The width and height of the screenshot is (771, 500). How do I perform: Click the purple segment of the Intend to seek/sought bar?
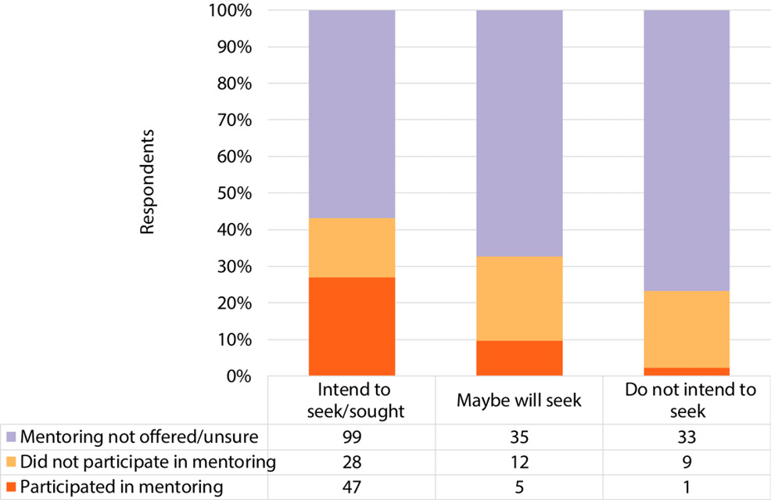(x=352, y=114)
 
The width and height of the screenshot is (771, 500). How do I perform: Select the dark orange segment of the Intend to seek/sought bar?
(x=352, y=326)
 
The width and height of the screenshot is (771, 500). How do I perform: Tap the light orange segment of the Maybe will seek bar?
(x=519, y=298)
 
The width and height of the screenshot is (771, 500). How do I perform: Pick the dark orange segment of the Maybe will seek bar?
(x=519, y=358)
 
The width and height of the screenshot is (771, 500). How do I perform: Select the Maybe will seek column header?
(x=519, y=401)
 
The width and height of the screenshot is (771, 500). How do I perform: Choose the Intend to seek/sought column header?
(x=352, y=401)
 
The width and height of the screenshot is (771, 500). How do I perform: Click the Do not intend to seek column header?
(x=687, y=401)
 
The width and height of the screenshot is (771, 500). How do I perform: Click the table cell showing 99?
(x=352, y=437)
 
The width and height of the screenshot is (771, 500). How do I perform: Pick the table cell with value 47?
(x=352, y=487)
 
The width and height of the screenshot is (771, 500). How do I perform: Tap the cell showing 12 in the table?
(x=519, y=462)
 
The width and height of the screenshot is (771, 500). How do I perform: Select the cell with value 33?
(x=687, y=437)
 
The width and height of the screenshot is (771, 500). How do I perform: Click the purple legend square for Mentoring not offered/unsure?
(x=10, y=437)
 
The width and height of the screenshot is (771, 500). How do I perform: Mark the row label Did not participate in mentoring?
(x=148, y=462)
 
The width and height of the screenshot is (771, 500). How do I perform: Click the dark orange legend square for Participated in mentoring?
(x=10, y=487)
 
